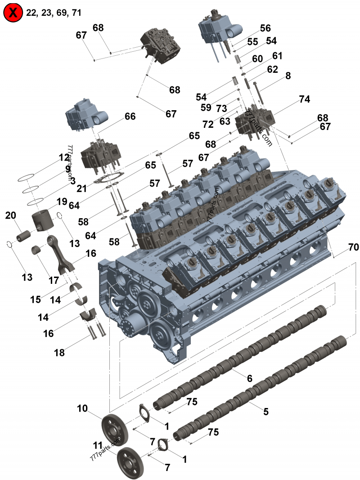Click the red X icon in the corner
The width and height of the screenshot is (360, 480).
pyautogui.click(x=13, y=13)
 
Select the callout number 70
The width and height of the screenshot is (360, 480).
pyautogui.click(x=353, y=247)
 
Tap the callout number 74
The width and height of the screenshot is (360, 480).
pyautogui.click(x=305, y=100)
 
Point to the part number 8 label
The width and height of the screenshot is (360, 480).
pyautogui.click(x=288, y=76)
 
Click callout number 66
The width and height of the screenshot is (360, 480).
pyautogui.click(x=130, y=117)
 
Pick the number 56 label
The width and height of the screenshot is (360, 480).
pyautogui.click(x=265, y=28)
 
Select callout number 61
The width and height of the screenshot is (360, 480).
pyautogui.click(x=277, y=56)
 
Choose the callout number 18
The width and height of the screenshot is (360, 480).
pyautogui.click(x=59, y=353)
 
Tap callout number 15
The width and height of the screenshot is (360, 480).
pyautogui.click(x=36, y=299)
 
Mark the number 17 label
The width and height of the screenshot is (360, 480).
pyautogui.click(x=54, y=280)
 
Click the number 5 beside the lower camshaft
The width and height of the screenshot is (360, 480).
pyautogui.click(x=265, y=411)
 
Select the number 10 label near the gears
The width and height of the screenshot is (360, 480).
pyautogui.click(x=82, y=408)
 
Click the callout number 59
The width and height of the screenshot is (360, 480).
pyautogui.click(x=206, y=108)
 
